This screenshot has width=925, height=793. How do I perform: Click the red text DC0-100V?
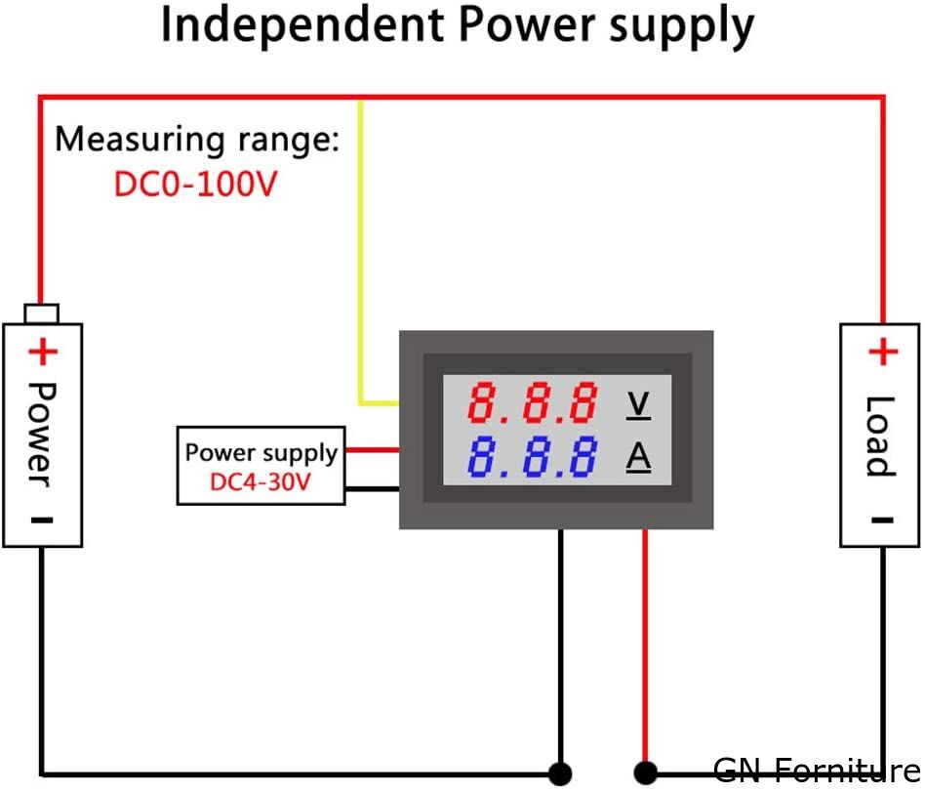click(195, 184)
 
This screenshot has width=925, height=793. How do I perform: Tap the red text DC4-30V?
click(261, 481)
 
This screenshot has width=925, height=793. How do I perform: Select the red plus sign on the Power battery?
click(43, 351)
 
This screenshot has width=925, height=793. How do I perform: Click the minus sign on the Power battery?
click(42, 520)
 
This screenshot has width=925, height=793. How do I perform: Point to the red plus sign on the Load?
click(882, 352)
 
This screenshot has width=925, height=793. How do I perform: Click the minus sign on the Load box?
click(882, 520)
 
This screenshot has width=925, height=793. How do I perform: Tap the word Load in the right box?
click(881, 436)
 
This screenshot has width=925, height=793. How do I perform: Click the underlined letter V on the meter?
click(638, 403)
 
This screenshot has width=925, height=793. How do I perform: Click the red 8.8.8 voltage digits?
click(533, 402)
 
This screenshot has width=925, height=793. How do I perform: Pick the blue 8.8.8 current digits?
click(533, 457)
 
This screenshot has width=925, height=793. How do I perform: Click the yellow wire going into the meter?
click(361, 254)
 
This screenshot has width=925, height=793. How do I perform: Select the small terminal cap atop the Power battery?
click(42, 313)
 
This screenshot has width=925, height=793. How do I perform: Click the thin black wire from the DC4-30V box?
click(372, 487)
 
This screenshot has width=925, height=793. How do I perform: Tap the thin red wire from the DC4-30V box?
click(372, 450)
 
